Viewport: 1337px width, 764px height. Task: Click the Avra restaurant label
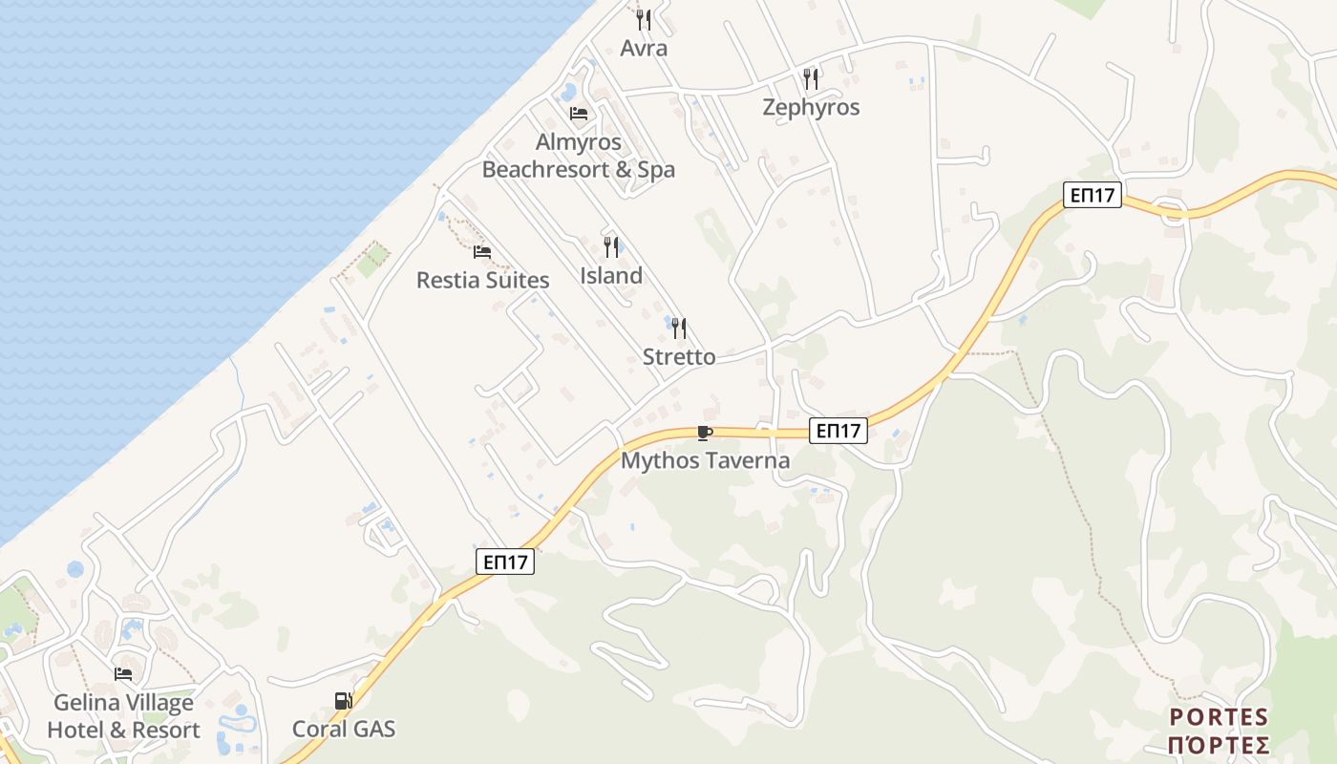(x=644, y=48)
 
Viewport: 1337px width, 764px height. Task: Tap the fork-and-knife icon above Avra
(x=644, y=19)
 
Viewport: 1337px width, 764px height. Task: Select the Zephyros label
(x=811, y=107)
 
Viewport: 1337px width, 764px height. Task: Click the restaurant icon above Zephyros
(x=811, y=78)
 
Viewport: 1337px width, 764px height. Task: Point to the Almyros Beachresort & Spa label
(x=579, y=156)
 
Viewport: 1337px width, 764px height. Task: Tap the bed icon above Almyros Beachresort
(x=579, y=114)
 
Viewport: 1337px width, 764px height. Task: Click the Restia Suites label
(x=482, y=280)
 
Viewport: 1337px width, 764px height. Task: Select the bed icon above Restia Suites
(x=482, y=252)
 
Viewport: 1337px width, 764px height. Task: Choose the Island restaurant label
(x=611, y=275)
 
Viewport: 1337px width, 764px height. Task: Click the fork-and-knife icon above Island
(x=611, y=247)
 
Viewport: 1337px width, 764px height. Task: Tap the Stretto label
(x=679, y=356)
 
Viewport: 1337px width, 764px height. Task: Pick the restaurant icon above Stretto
(x=679, y=329)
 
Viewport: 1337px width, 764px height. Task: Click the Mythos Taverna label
(x=706, y=460)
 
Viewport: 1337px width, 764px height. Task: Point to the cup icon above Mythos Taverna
(x=705, y=434)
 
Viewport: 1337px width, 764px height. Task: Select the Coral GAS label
(x=344, y=729)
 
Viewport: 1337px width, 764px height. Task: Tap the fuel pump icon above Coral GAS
(x=343, y=701)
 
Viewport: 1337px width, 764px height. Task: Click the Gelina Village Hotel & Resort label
(x=123, y=716)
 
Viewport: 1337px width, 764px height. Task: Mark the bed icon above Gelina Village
(x=123, y=674)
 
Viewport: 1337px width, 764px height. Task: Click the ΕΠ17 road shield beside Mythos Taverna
(x=838, y=431)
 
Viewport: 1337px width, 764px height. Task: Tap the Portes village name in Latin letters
(x=1219, y=717)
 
